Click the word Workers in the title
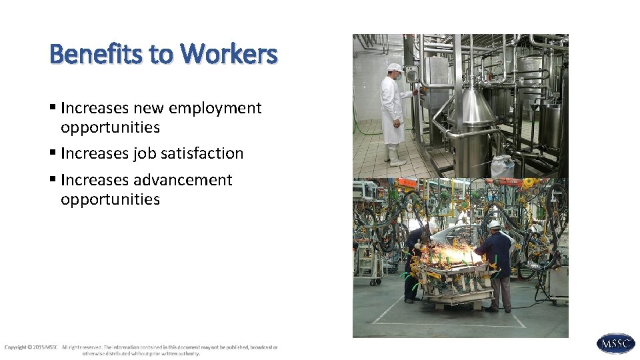click(229, 53)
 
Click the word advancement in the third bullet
click(183, 180)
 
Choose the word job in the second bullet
click(144, 153)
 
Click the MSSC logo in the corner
click(615, 343)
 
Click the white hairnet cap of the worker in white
click(395, 67)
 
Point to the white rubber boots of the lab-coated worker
click(395, 157)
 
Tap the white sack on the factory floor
click(502, 166)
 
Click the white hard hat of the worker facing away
click(493, 225)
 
